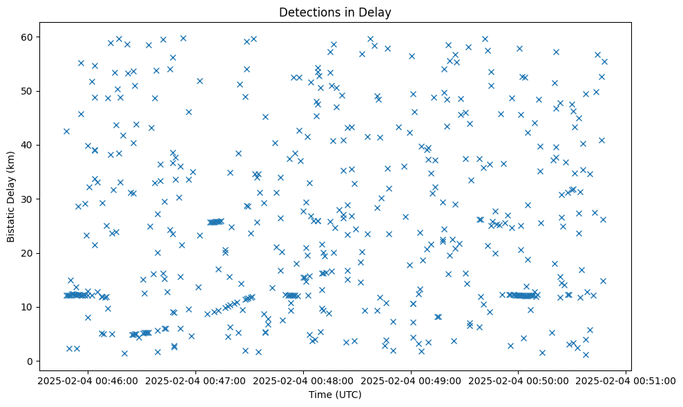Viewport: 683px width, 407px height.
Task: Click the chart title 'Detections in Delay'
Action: [x=334, y=12]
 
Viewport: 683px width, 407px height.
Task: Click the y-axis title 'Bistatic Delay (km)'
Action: [x=11, y=196]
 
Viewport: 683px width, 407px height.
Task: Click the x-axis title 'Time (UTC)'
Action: [x=334, y=395]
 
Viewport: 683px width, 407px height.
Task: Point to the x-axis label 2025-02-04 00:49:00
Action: [x=411, y=379]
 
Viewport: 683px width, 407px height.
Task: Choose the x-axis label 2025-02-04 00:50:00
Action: [x=519, y=379]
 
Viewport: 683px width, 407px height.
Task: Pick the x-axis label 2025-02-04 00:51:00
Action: [x=627, y=379]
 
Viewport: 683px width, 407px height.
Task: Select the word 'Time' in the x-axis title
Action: [x=320, y=395]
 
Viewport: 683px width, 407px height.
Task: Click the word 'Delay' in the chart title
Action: [x=376, y=12]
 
